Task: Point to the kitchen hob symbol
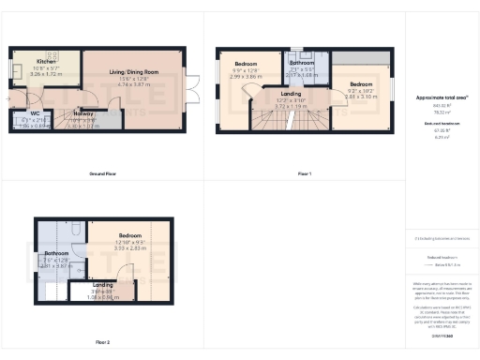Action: click(x=52, y=55)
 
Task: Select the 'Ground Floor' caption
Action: click(x=102, y=174)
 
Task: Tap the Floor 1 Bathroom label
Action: click(x=301, y=63)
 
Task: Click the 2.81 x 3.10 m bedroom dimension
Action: click(x=360, y=96)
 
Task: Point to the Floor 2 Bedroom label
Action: click(x=129, y=234)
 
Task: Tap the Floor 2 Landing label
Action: click(x=103, y=284)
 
